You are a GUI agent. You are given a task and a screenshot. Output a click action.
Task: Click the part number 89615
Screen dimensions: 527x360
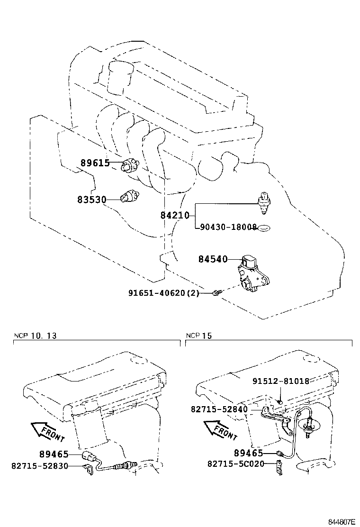pyautogui.click(x=95, y=163)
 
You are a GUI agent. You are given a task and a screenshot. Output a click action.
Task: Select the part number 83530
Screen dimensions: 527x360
pyautogui.click(x=91, y=200)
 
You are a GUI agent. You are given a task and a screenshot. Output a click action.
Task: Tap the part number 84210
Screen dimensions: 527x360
pyautogui.click(x=174, y=216)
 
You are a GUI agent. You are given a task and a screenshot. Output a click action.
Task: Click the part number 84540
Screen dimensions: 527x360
pyautogui.click(x=213, y=259)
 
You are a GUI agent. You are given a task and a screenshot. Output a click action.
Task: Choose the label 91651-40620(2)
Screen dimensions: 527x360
pyautogui.click(x=163, y=293)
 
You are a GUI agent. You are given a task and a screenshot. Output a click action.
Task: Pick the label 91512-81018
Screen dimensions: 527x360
pyautogui.click(x=280, y=381)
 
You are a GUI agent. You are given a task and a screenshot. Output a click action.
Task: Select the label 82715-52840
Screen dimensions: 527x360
pyautogui.click(x=219, y=409)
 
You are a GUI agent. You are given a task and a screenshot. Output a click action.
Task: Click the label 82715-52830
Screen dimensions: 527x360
pyautogui.click(x=40, y=466)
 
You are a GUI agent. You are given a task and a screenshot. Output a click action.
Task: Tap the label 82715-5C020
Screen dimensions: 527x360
pyautogui.click(x=235, y=464)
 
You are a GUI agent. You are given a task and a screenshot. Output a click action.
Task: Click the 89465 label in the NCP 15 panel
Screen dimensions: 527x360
pyautogui.click(x=249, y=453)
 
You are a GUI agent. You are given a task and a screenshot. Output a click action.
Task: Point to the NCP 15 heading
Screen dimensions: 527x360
pyautogui.click(x=199, y=336)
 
